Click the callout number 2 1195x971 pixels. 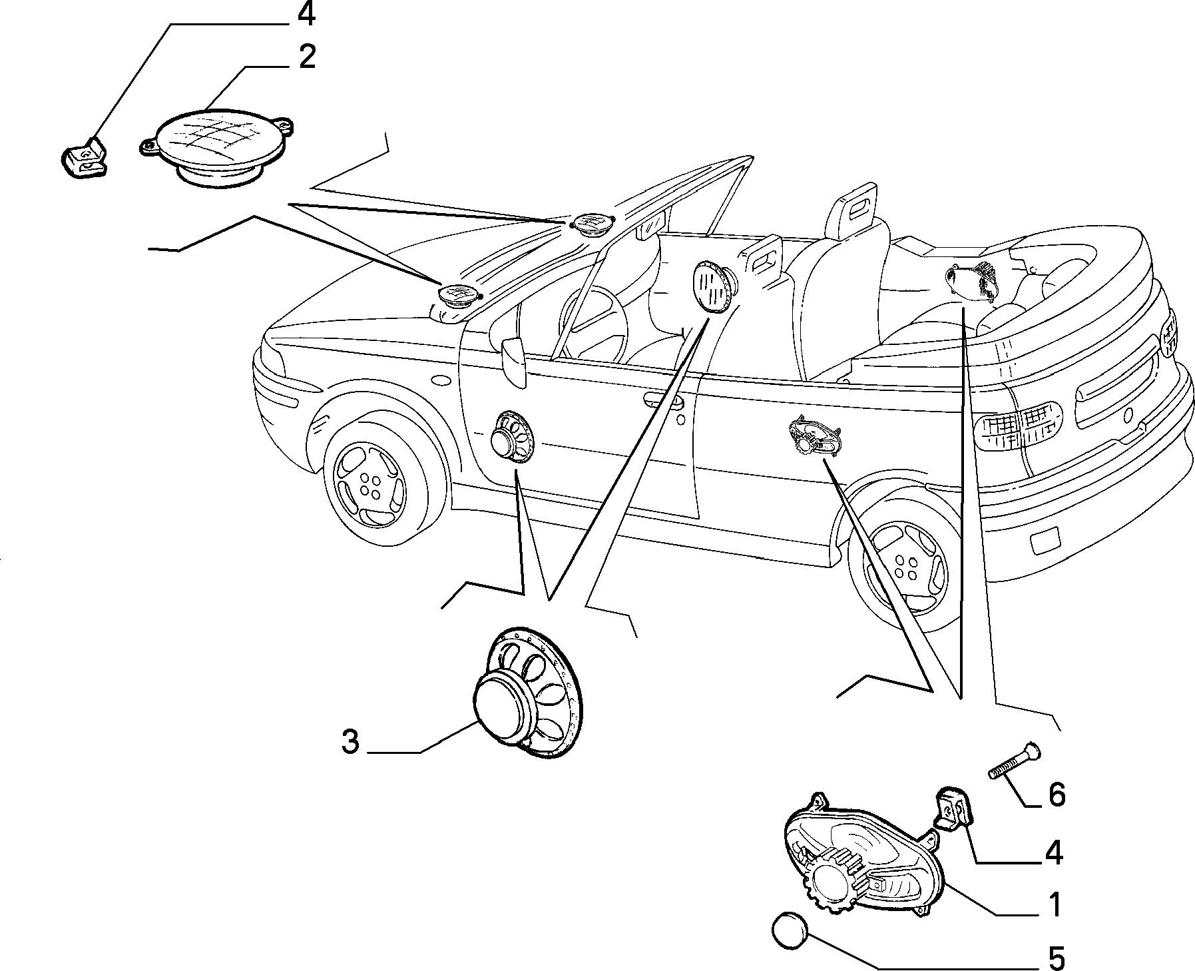tap(307, 58)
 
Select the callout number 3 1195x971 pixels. tap(350, 741)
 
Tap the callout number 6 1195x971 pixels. tap(1057, 795)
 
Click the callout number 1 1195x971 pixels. tap(1054, 905)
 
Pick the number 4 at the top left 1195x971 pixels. tap(306, 14)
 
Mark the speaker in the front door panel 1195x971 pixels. tap(512, 436)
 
